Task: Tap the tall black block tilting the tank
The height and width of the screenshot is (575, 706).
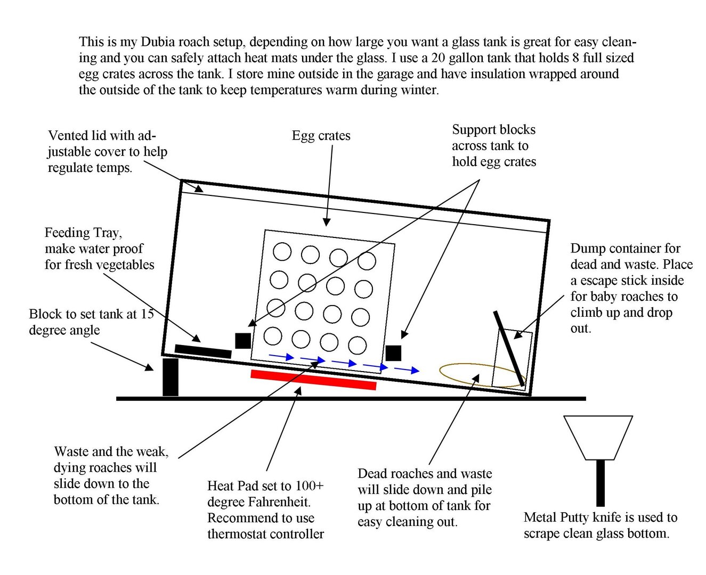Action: tap(171, 377)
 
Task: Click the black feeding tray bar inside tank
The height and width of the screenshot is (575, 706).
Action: tap(203, 351)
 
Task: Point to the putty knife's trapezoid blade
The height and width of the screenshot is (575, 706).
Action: tap(598, 437)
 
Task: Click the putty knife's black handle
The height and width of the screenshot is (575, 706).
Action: tap(600, 482)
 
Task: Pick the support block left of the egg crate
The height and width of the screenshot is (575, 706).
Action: tap(243, 341)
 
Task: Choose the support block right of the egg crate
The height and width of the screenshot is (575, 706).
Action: tap(393, 353)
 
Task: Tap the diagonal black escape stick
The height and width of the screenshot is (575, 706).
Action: tap(509, 348)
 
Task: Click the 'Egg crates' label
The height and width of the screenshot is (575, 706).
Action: tap(321, 136)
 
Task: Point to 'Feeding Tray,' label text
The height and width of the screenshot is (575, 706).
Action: tap(83, 233)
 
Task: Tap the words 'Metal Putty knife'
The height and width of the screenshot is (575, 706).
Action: tap(575, 517)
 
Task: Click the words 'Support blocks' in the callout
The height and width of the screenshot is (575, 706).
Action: tap(493, 130)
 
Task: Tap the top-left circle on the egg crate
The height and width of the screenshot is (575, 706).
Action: tap(282, 251)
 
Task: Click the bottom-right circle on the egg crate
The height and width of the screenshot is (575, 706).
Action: tap(358, 345)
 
